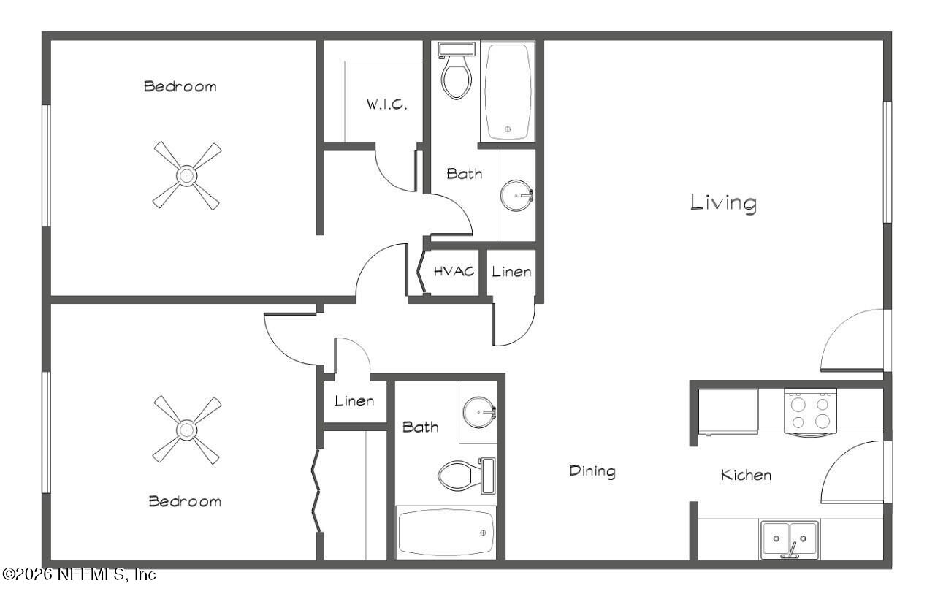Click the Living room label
pyautogui.click(x=723, y=202)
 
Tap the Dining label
pyautogui.click(x=592, y=471)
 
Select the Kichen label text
pyautogui.click(x=746, y=475)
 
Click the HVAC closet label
pyautogui.click(x=454, y=272)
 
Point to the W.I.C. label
pyautogui.click(x=386, y=104)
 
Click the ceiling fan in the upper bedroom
pyautogui.click(x=187, y=175)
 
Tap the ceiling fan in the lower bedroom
pyautogui.click(x=187, y=430)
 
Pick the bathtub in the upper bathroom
pyautogui.click(x=508, y=92)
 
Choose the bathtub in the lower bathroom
pyautogui.click(x=446, y=532)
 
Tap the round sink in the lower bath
pyautogui.click(x=479, y=413)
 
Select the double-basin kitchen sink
pyautogui.click(x=789, y=540)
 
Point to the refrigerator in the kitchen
pyautogui.click(x=728, y=412)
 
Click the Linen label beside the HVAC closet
pyautogui.click(x=511, y=272)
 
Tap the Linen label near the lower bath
pyautogui.click(x=354, y=401)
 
